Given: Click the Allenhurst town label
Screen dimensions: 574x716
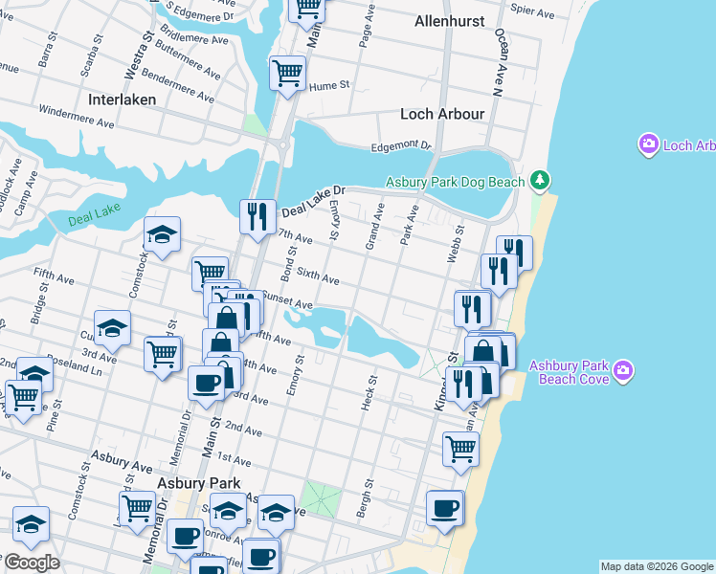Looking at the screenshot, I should click(449, 21).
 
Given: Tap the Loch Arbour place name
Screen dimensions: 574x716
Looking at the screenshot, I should click(442, 114).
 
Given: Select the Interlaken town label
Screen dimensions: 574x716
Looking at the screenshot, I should click(121, 99).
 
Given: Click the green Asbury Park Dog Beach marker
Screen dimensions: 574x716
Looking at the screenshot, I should click(541, 180).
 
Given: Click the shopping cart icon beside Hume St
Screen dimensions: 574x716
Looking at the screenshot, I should click(287, 73).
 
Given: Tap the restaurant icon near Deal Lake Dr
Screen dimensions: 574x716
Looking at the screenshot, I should click(257, 216).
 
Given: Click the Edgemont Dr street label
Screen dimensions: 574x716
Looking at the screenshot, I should click(402, 145).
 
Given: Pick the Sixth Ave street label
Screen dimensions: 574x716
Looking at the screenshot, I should click(318, 277).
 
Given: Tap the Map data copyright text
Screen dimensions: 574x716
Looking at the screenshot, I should click(657, 566).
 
